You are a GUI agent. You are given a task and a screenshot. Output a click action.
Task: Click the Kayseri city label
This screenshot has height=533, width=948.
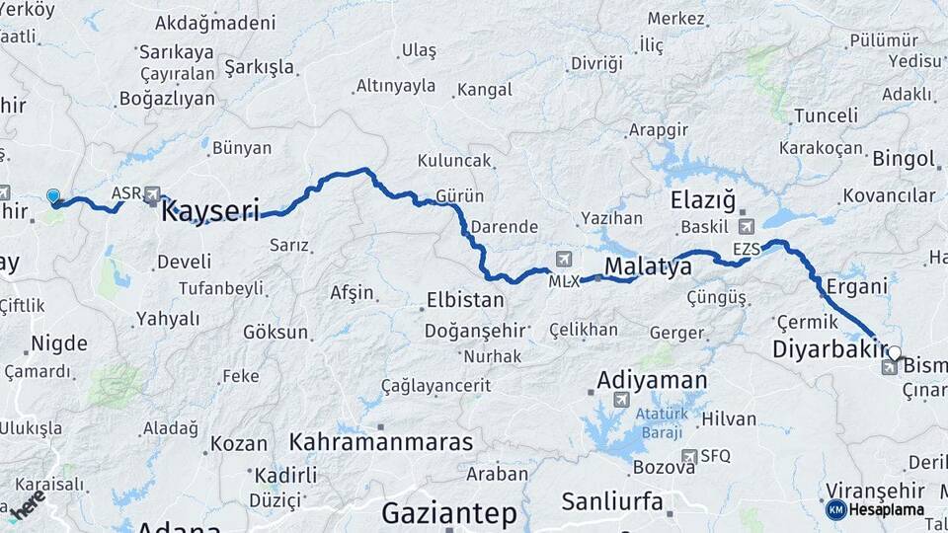click(210, 210)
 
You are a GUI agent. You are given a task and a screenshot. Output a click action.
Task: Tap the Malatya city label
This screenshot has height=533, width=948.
click(648, 266)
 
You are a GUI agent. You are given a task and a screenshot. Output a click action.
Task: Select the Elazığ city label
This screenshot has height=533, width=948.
click(704, 201)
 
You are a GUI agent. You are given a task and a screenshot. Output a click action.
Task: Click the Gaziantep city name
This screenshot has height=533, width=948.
click(449, 513)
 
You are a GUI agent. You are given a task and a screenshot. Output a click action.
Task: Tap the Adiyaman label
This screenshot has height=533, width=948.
click(652, 380)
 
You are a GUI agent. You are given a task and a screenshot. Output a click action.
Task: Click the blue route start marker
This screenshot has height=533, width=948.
click(53, 196)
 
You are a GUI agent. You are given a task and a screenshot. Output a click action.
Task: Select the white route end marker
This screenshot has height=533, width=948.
click(894, 352)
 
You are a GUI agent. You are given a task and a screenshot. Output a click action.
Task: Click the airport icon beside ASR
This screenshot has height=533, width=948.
click(152, 194)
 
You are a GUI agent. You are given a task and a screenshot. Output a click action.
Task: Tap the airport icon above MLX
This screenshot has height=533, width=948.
click(564, 260)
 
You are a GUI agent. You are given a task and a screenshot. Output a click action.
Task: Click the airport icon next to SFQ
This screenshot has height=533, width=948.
click(691, 456)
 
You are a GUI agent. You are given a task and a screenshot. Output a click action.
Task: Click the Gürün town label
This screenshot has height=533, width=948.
click(459, 196)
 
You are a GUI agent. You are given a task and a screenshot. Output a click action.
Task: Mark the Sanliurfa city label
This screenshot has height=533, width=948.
click(612, 501)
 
